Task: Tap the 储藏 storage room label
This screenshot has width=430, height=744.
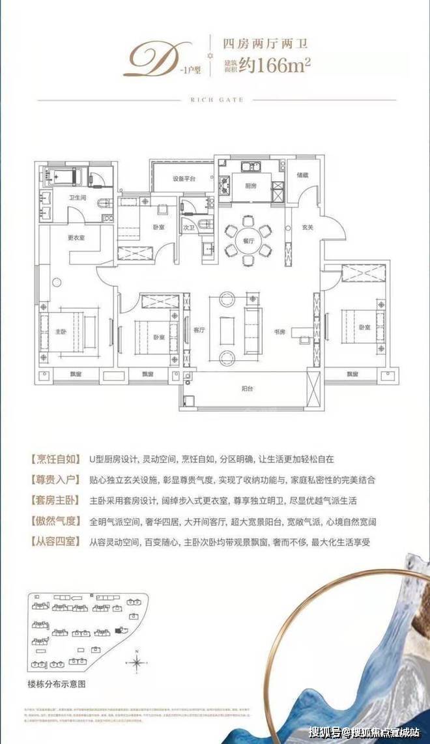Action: click(x=302, y=174)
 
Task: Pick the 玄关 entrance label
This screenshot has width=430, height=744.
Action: click(x=307, y=227)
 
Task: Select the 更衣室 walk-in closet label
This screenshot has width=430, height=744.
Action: click(x=76, y=237)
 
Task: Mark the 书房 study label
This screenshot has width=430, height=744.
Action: click(x=280, y=331)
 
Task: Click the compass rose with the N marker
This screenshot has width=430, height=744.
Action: click(x=137, y=663)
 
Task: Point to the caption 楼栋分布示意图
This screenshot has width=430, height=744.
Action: click(x=57, y=684)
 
